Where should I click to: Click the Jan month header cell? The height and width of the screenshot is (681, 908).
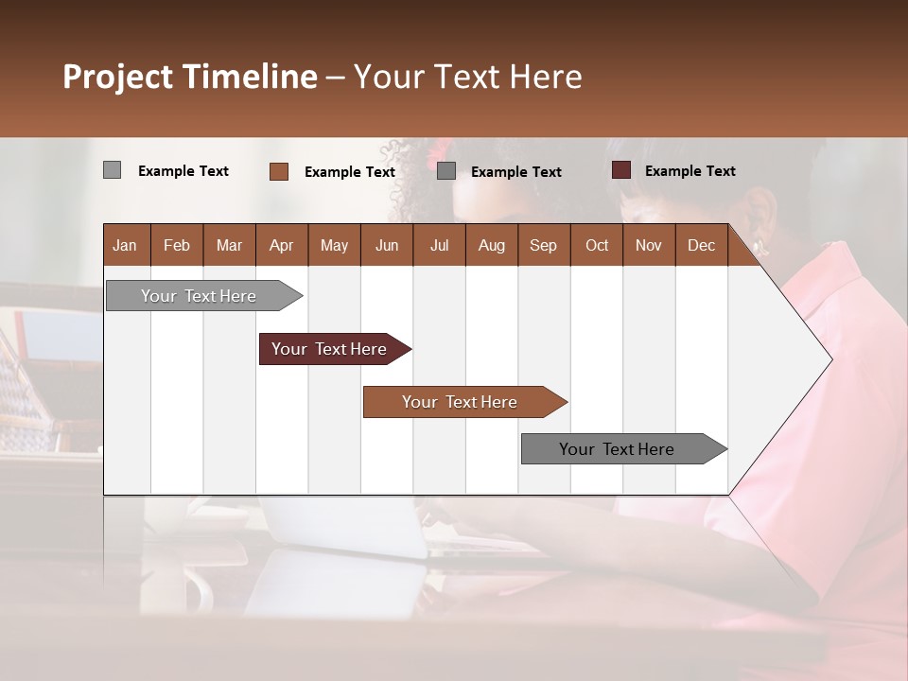tap(125, 245)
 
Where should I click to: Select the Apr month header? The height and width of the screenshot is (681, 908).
tap(281, 245)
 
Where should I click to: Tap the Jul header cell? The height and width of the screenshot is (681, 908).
tap(439, 245)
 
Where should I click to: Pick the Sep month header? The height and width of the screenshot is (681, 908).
tap(543, 245)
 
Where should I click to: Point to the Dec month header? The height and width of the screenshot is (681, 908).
tap(701, 245)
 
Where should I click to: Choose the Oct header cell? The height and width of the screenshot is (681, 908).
tap(597, 245)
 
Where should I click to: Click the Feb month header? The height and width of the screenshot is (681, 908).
tap(177, 245)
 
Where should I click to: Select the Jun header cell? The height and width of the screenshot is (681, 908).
tap(387, 245)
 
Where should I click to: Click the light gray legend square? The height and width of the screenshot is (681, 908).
tap(112, 170)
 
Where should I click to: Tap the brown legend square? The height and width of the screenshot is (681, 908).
tap(278, 171)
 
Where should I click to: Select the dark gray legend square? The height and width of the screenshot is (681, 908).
tap(446, 171)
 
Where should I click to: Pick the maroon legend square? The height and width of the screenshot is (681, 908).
tap(620, 170)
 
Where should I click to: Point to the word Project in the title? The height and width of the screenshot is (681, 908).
tap(117, 77)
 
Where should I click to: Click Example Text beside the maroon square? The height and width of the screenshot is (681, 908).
tap(690, 171)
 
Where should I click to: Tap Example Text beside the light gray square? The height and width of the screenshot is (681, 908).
tap(183, 171)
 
